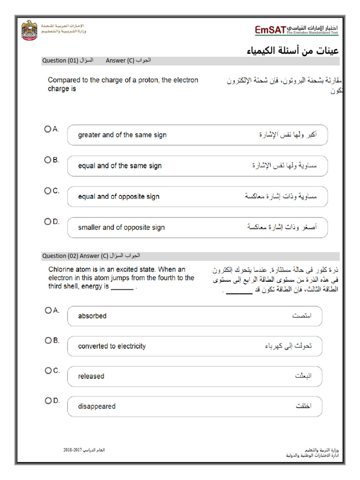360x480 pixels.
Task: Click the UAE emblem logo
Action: tap(30, 30)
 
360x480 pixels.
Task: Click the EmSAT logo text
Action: tap(270, 30)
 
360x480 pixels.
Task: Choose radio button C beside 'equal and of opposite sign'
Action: tap(47, 190)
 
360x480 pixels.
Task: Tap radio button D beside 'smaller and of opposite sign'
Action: tap(47, 221)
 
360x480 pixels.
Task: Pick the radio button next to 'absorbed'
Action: tap(47, 310)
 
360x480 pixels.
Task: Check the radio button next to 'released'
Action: tap(47, 370)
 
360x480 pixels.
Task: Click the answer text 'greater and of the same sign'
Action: tap(122, 135)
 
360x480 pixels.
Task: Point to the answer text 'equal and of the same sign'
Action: tap(120, 166)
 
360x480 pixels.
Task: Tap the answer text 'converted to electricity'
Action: tap(112, 346)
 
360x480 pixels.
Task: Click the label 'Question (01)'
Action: tap(60, 61)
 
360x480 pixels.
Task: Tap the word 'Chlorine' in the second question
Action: tap(62, 270)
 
